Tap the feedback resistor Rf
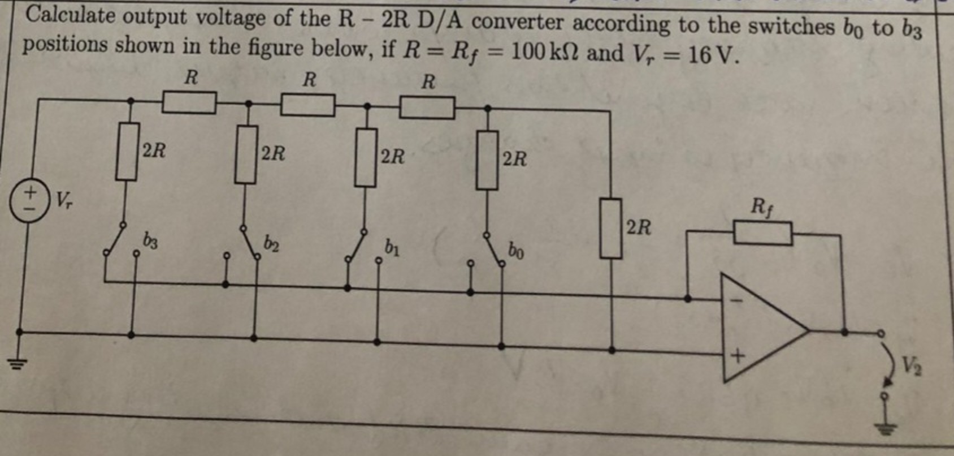tap(762, 233)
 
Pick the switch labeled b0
tap(491, 247)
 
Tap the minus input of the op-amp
tap(735, 300)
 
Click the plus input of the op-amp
tap(736, 356)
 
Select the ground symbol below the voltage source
tap(18, 363)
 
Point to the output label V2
tap(910, 366)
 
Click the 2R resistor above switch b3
tap(127, 152)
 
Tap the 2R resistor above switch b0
tap(487, 160)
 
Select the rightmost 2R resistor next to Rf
tap(610, 227)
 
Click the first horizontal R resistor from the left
tap(189, 103)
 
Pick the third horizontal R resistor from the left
tap(427, 107)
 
